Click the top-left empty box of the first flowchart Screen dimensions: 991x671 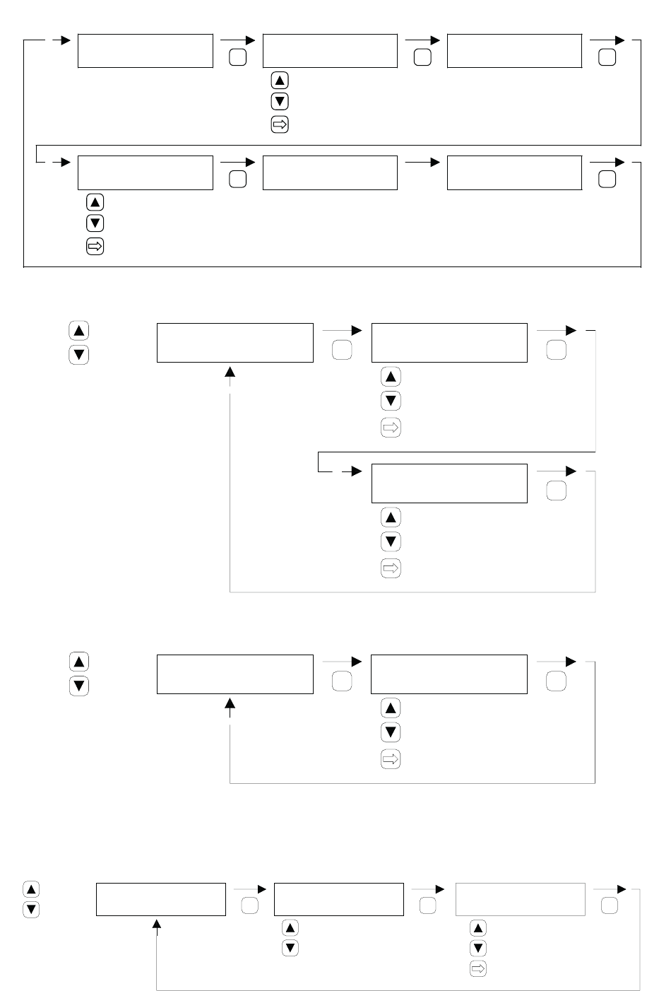click(x=145, y=50)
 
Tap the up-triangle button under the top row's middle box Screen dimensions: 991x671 click(x=280, y=81)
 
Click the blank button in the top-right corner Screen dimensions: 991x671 click(x=607, y=58)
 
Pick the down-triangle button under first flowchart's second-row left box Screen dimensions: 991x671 click(x=95, y=223)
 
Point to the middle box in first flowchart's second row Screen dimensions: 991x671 click(x=330, y=172)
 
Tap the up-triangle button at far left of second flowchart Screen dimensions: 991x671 click(x=78, y=331)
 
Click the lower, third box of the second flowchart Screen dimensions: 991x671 click(x=449, y=483)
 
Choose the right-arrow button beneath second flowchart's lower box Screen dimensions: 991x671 click(x=391, y=568)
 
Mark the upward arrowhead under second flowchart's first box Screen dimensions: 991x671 click(x=230, y=372)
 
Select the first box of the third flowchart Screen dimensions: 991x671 click(x=234, y=674)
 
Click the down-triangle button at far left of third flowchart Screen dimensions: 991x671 click(x=78, y=686)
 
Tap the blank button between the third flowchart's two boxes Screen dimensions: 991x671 click(x=341, y=681)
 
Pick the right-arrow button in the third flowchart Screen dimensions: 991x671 click(x=391, y=759)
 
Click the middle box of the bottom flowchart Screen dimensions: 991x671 click(x=338, y=899)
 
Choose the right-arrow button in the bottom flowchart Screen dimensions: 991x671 click(x=477, y=969)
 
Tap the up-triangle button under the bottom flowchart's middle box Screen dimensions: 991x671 click(x=290, y=927)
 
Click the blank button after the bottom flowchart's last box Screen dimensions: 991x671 click(x=610, y=906)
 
